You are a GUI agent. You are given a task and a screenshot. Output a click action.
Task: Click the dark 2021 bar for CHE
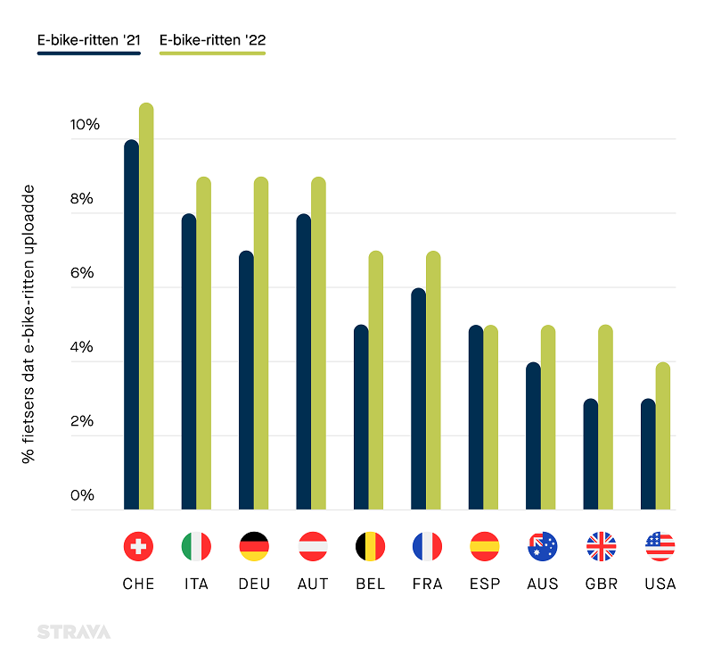[131, 325]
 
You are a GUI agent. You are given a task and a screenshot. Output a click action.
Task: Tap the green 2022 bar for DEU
[261, 344]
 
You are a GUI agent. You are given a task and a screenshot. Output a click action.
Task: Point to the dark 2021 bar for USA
[648, 454]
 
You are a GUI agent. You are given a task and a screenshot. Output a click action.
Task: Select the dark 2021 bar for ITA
[188, 362]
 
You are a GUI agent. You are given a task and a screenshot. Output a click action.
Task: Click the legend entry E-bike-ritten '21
[88, 40]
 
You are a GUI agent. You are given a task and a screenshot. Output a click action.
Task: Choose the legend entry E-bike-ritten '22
[212, 40]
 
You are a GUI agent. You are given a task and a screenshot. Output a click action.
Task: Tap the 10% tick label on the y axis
[84, 125]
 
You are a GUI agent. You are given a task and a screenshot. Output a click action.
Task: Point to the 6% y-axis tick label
[84, 273]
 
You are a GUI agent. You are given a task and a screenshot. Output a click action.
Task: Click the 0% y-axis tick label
[84, 495]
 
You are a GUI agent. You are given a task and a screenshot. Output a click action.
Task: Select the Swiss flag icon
[138, 546]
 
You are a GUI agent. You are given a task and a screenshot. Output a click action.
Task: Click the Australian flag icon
[542, 546]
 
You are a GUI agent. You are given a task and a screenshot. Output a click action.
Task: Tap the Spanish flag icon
[485, 546]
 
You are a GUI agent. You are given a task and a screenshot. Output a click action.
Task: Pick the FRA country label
[427, 584]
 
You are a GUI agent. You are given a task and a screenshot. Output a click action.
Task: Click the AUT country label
[312, 584]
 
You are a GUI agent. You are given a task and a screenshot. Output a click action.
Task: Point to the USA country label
[660, 584]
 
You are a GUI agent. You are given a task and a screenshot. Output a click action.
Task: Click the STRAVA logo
[74, 632]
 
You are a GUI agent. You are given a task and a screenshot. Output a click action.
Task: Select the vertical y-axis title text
[29, 323]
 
